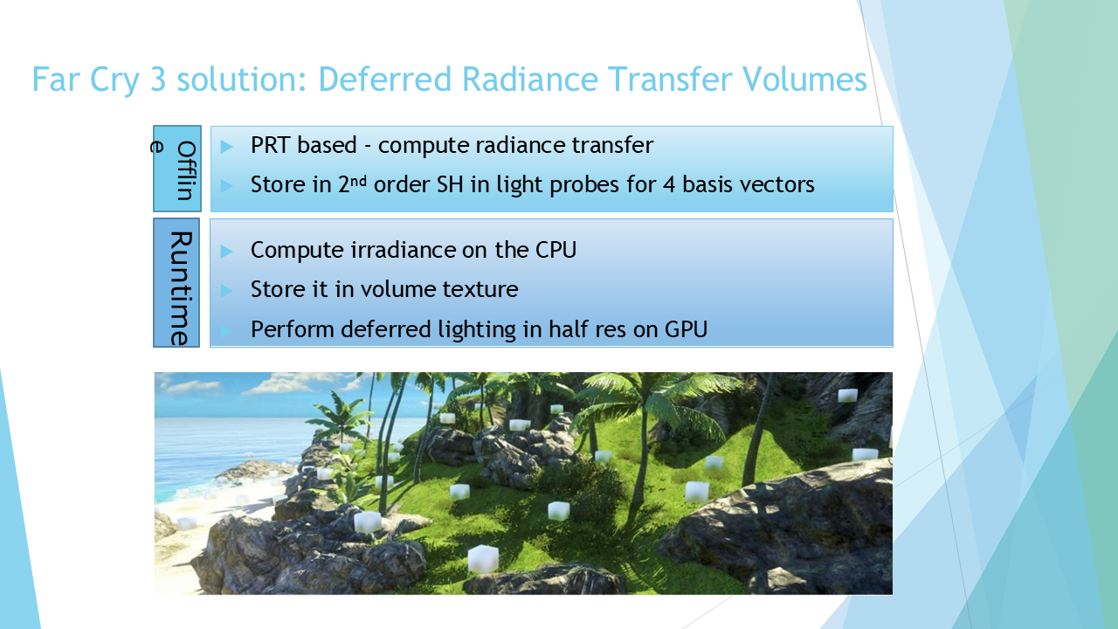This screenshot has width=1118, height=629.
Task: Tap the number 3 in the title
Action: (158, 79)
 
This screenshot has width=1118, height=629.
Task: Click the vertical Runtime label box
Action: (176, 282)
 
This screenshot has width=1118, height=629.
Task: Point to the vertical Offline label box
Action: (177, 169)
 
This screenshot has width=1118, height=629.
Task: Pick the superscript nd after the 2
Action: (358, 180)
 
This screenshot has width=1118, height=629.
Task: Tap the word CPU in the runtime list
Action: (556, 250)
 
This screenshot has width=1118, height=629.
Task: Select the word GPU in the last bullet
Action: (687, 329)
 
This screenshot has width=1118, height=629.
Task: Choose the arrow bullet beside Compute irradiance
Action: (226, 251)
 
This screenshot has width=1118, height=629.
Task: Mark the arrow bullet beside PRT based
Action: (226, 146)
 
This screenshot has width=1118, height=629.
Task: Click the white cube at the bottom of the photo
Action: (483, 558)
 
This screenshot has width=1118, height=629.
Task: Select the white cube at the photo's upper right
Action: (847, 396)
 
